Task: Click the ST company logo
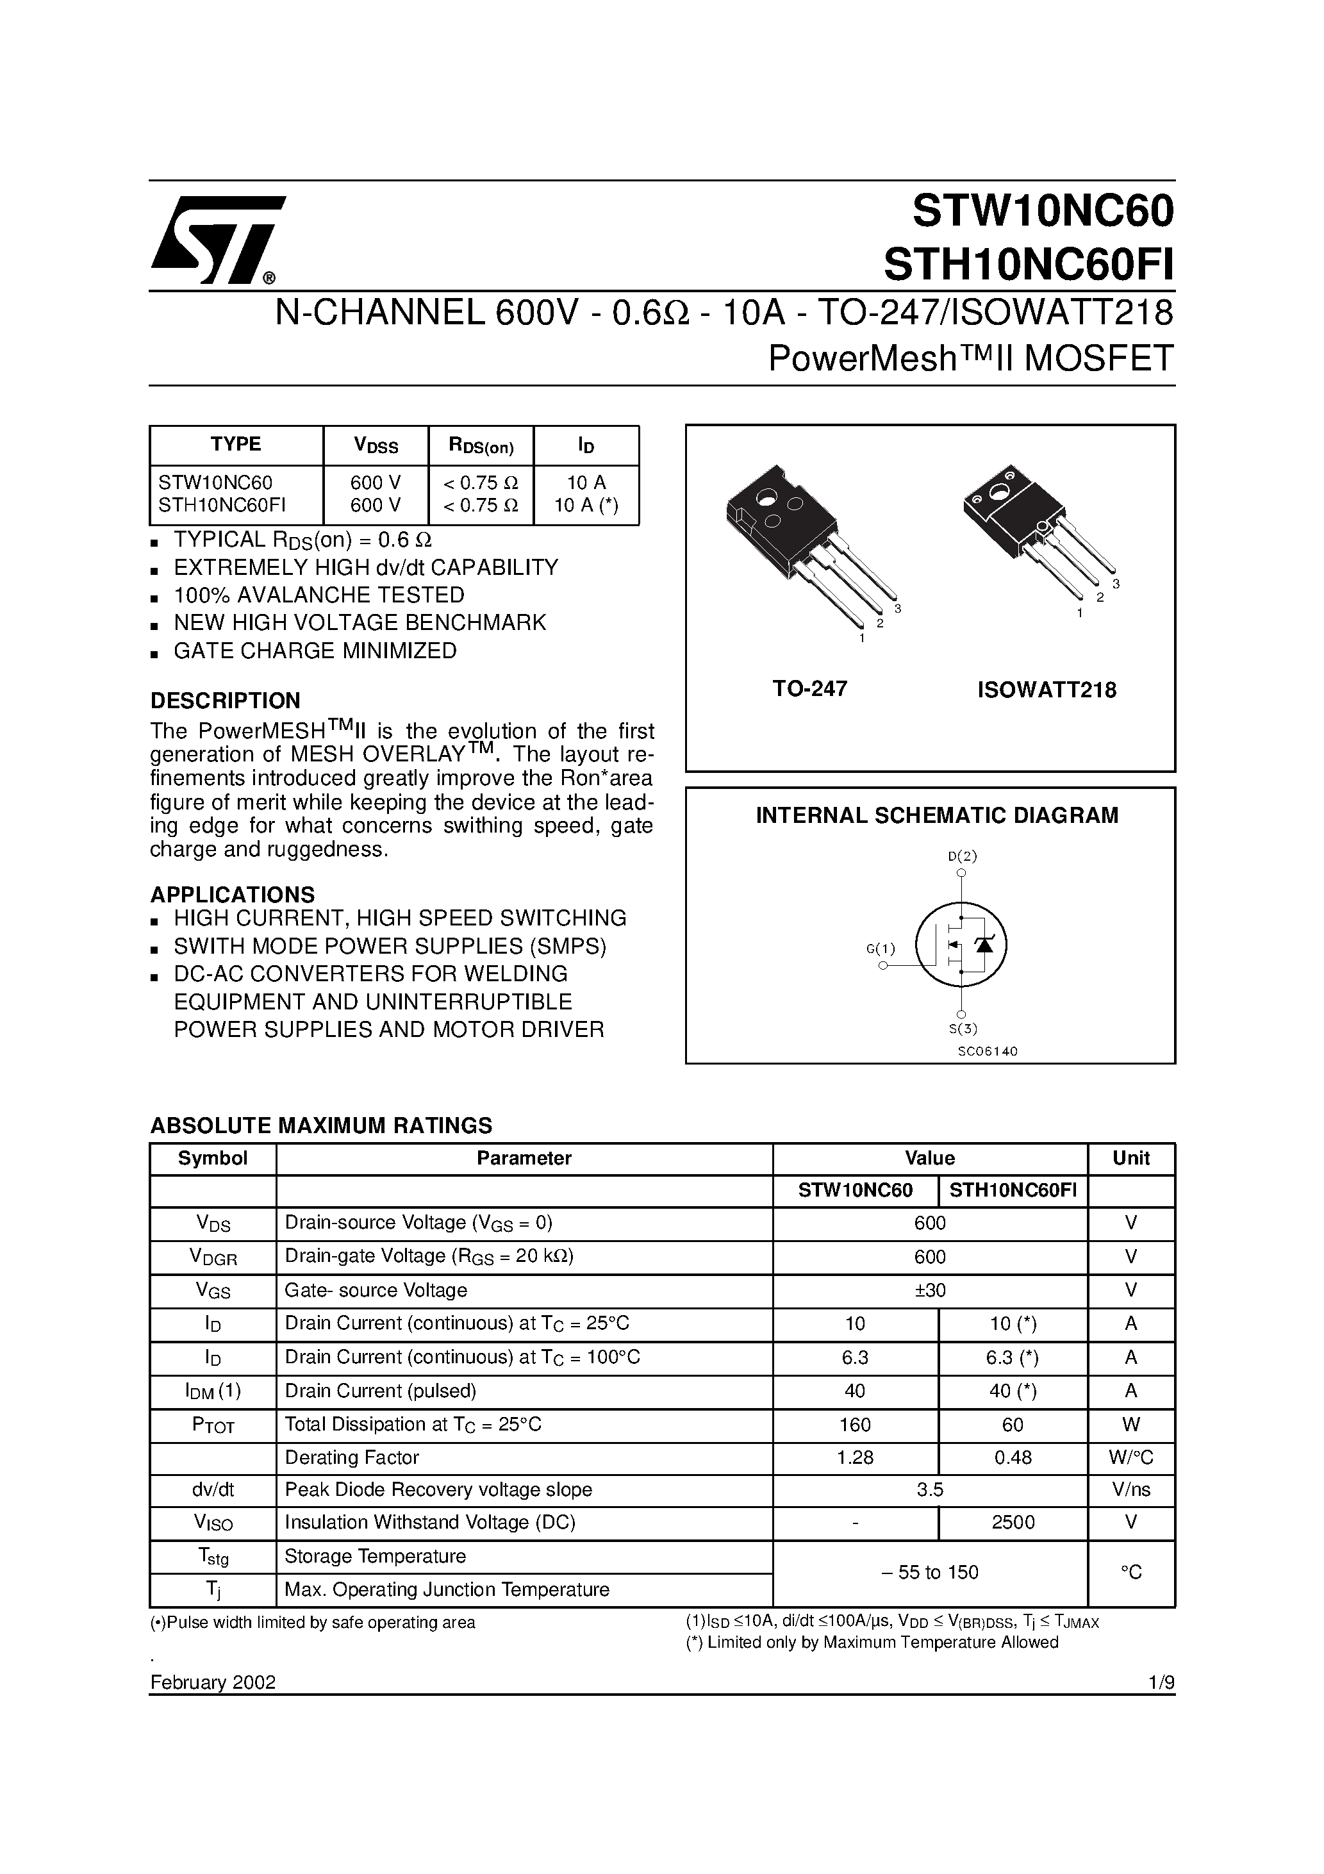pos(217,238)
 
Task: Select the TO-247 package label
pos(810,689)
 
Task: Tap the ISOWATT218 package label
pos(1047,690)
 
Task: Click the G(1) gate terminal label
pos(881,949)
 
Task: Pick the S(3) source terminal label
pos(963,1029)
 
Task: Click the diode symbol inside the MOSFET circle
pos(985,944)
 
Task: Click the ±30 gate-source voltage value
pos(930,1290)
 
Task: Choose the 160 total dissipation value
pos(855,1424)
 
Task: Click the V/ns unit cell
pos(1130,1489)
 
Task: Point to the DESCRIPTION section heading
pos(226,701)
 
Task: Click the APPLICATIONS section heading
pos(233,895)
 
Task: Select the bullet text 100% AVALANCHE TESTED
pos(319,595)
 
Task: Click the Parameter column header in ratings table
pos(524,1158)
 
